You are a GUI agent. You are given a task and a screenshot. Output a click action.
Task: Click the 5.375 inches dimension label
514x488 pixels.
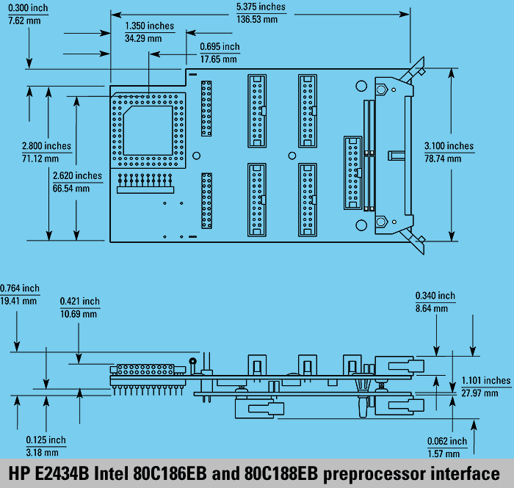pos(261,7)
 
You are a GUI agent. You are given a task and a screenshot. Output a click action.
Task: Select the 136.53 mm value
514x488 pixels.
pos(257,19)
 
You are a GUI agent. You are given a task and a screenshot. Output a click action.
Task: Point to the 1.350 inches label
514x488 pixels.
pos(150,26)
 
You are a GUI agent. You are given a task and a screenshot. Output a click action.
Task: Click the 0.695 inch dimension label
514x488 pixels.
pos(220,45)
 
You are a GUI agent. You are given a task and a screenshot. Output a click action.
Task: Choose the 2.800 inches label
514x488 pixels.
pos(46,146)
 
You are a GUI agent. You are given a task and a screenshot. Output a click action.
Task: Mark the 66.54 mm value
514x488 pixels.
pos(72,189)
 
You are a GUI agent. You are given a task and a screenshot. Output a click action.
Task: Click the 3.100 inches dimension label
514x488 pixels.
pos(449,146)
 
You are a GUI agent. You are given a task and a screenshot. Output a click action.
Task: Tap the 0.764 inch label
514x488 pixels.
pos(20,288)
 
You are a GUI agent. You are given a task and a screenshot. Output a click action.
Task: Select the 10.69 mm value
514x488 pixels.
pos(78,314)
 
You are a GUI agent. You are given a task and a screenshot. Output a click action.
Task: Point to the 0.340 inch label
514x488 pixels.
pos(435,296)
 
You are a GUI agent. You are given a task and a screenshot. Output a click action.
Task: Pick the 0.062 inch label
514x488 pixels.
pos(446,441)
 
